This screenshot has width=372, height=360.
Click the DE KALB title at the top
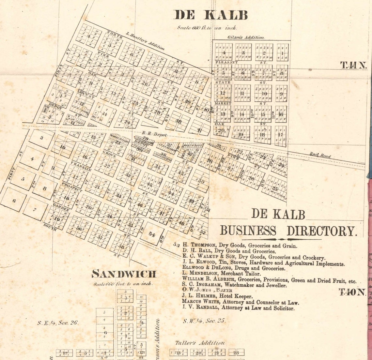click(x=210, y=15)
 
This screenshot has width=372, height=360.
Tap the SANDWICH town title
click(x=124, y=274)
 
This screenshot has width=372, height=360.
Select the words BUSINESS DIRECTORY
click(x=287, y=231)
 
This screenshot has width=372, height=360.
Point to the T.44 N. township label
click(x=354, y=65)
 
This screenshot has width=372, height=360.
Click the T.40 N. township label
click(x=352, y=292)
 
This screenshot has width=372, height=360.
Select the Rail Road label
click(x=320, y=156)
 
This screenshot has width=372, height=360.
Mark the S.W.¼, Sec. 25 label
click(x=204, y=321)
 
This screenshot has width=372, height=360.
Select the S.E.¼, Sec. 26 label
click(x=57, y=323)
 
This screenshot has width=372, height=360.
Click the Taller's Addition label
click(x=200, y=343)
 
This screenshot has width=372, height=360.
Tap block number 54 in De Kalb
click(x=152, y=233)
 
